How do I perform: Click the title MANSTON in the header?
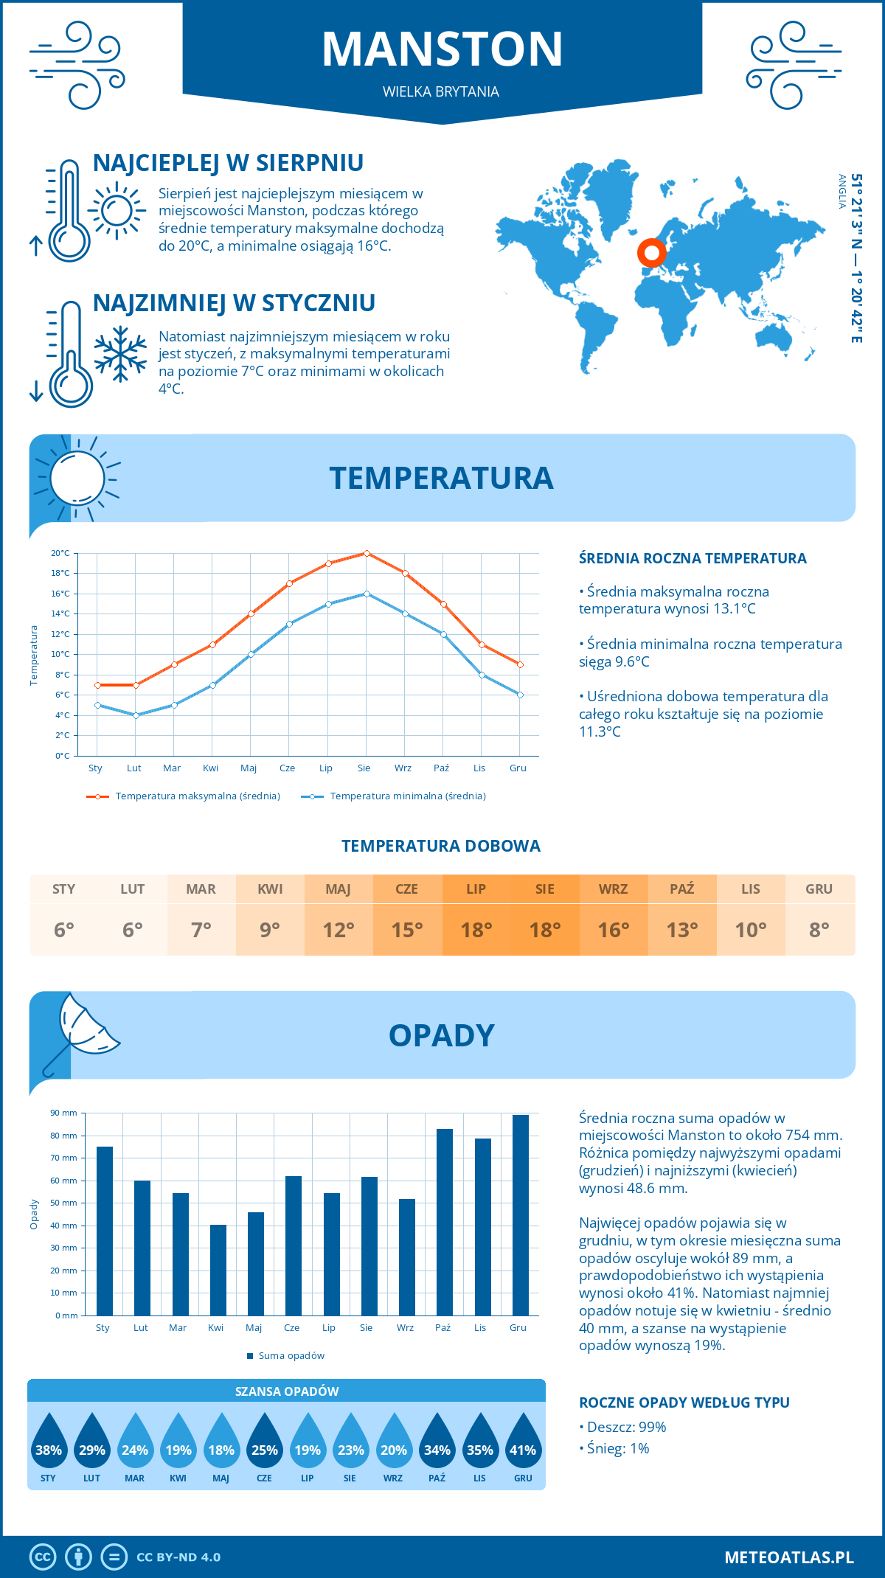pos(442,49)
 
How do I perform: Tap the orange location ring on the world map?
pos(651,253)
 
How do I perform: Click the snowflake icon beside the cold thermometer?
pos(120,354)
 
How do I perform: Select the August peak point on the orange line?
pos(367,553)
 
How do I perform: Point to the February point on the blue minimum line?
pos(136,715)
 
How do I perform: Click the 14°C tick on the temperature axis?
pos(61,614)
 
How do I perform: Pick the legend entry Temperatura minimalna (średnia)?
pos(407,796)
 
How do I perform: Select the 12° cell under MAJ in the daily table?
pos(339,930)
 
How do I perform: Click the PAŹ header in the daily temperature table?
pos(681,889)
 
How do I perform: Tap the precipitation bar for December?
pos(520,1215)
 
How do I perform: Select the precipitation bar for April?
pos(218,1270)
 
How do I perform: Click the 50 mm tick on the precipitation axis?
pos(64,1203)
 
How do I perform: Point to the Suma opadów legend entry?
pos(291,1356)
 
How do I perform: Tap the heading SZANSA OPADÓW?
pos(287,1391)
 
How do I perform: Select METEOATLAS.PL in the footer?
pos(788,1557)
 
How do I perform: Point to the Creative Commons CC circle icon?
pos(43,1557)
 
